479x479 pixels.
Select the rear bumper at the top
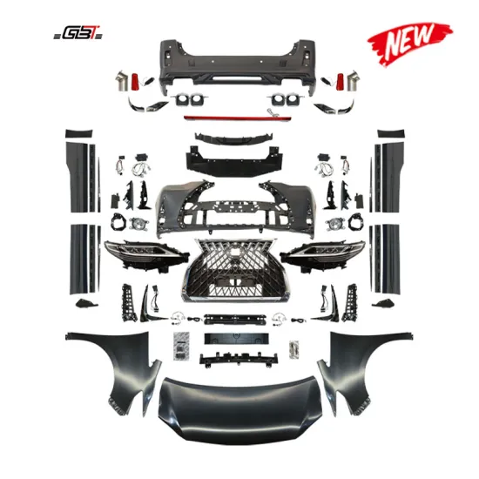coord(235,57)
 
